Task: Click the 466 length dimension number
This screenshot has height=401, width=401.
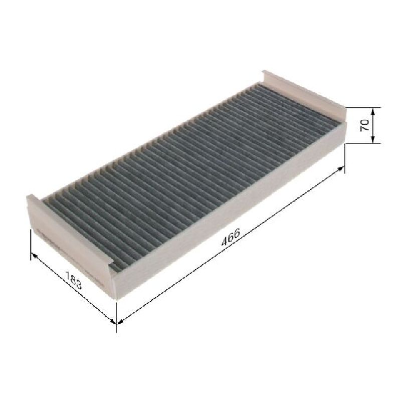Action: click(x=231, y=237)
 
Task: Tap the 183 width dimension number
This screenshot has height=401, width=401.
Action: click(x=74, y=280)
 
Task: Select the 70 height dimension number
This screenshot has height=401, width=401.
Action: click(x=365, y=125)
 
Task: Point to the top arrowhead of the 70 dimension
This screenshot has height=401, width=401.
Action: click(x=372, y=111)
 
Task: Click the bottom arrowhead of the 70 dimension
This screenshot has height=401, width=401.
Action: click(x=372, y=140)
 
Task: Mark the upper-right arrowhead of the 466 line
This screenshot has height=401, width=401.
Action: click(x=341, y=168)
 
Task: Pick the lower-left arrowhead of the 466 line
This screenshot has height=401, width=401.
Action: click(x=120, y=321)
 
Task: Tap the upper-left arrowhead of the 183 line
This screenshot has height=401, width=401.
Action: click(x=34, y=255)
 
